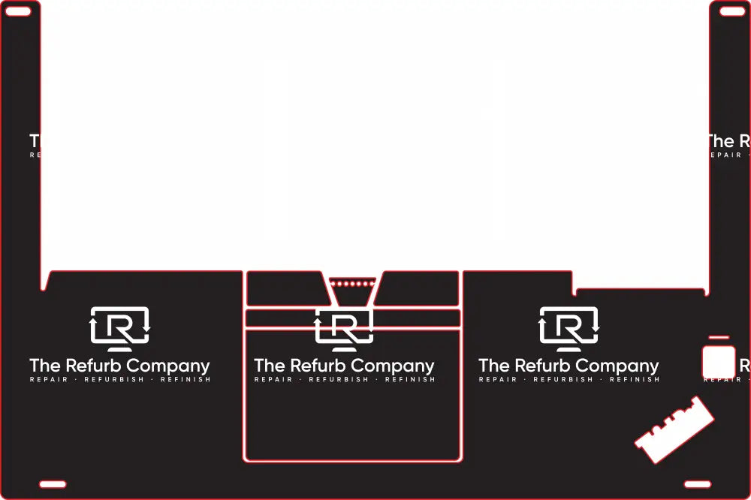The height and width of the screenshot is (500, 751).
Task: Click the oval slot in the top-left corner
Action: point(18,11)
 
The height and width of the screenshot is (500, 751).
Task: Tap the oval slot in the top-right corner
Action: point(732,11)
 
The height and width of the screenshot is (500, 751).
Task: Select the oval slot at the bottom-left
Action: point(53,484)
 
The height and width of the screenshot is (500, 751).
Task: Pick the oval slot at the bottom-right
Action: point(698,484)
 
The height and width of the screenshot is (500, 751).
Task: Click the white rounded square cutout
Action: point(719,362)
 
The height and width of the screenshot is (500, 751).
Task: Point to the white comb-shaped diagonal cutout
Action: point(674,430)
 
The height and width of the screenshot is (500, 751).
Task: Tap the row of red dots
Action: point(351,284)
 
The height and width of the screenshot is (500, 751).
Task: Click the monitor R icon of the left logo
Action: point(120,329)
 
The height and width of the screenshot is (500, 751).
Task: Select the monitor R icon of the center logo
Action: point(344,329)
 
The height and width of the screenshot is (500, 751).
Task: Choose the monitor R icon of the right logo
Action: point(569,329)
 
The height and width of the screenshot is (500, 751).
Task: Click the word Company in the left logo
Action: point(168,366)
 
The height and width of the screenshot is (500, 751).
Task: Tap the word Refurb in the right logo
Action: point(543,366)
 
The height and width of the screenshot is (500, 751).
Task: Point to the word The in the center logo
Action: point(268,366)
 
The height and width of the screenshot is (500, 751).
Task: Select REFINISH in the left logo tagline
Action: point(185,380)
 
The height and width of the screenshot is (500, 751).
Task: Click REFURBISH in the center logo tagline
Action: point(339,380)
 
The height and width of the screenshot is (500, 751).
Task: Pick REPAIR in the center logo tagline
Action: point(273,380)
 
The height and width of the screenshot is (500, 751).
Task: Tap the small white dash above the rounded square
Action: point(719,338)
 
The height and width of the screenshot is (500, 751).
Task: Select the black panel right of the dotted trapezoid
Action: point(419,289)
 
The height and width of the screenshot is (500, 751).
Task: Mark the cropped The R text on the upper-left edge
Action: point(35,141)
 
